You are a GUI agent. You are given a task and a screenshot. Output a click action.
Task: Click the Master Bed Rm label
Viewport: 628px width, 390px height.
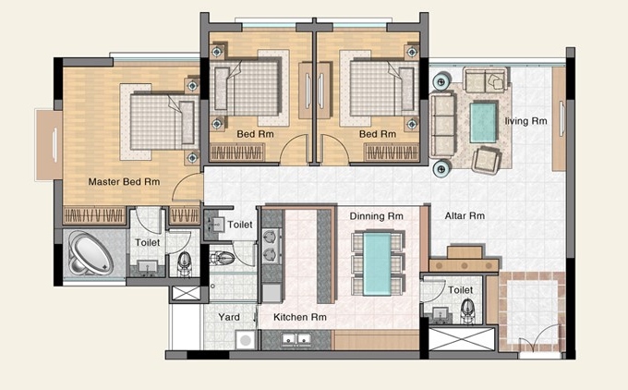(124, 182)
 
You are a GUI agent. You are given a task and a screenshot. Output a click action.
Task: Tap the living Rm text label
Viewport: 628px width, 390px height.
(525, 121)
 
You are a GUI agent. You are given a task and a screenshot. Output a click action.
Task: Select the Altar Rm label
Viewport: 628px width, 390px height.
(465, 216)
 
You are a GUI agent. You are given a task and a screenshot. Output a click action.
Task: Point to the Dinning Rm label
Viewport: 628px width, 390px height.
(376, 216)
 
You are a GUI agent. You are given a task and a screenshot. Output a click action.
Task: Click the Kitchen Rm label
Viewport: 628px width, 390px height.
(300, 317)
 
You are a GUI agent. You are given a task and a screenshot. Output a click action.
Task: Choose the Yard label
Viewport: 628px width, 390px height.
(229, 317)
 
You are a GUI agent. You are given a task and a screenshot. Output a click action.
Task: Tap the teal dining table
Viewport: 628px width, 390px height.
(378, 264)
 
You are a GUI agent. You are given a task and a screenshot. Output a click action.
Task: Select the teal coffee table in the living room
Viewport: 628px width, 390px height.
(483, 122)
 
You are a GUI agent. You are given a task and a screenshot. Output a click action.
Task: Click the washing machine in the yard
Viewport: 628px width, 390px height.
(245, 340)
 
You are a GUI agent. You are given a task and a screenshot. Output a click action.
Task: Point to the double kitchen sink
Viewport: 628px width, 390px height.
(296, 339)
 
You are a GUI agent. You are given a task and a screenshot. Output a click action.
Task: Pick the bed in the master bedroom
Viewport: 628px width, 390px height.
(163, 122)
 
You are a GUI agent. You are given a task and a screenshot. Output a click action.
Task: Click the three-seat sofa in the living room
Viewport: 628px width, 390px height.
(442, 125)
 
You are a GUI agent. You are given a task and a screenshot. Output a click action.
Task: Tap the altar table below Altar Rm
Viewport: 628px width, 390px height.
(465, 260)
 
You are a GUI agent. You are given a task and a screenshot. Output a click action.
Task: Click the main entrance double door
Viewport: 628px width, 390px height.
(539, 342)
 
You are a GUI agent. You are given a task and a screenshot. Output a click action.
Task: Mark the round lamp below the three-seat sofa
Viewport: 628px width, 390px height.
(441, 169)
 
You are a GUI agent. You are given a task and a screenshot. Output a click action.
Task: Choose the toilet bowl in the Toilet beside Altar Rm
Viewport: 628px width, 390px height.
(467, 311)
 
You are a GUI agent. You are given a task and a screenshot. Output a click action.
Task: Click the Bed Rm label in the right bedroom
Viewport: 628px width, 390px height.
(378, 134)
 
